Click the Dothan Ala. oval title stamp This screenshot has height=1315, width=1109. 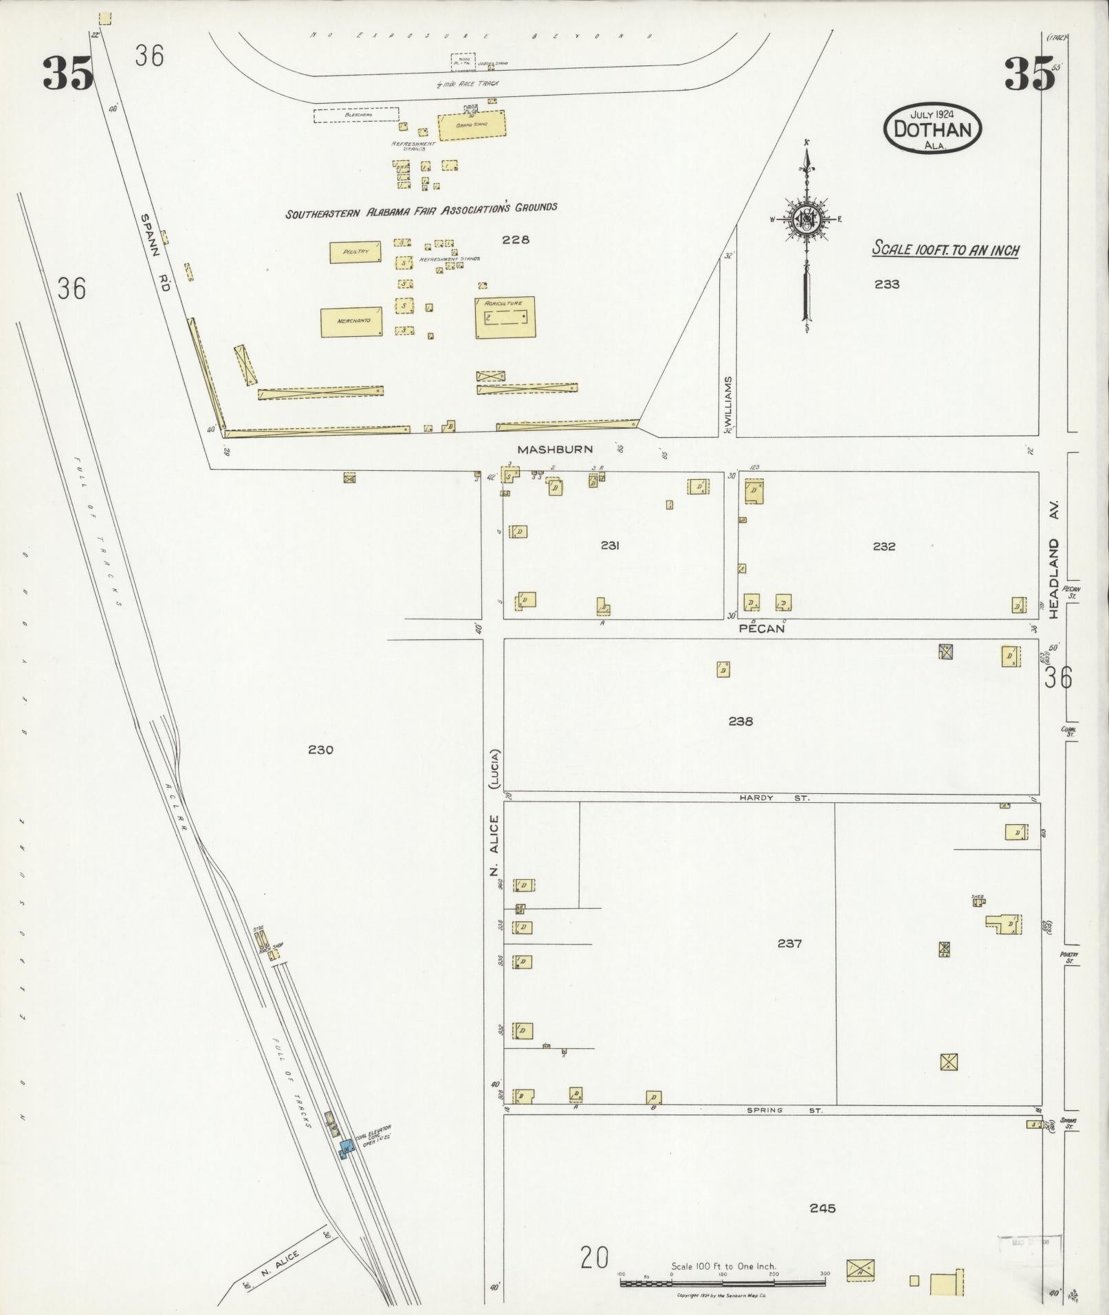[x=932, y=129]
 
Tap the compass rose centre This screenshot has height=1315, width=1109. [x=805, y=219]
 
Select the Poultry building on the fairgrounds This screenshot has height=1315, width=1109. [x=355, y=252]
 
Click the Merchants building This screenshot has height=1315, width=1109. [x=352, y=321]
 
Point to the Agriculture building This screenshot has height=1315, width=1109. [x=505, y=317]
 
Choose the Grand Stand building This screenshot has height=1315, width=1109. [x=472, y=124]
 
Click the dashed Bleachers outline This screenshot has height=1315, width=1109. [x=356, y=115]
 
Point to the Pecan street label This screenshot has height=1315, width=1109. [x=761, y=628]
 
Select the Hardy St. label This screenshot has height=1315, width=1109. [x=774, y=798]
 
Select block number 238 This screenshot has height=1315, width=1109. [x=740, y=721]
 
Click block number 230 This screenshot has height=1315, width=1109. [x=320, y=749]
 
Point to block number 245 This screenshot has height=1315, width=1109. [x=822, y=1208]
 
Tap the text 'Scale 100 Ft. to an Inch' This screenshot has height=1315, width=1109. [x=945, y=249]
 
